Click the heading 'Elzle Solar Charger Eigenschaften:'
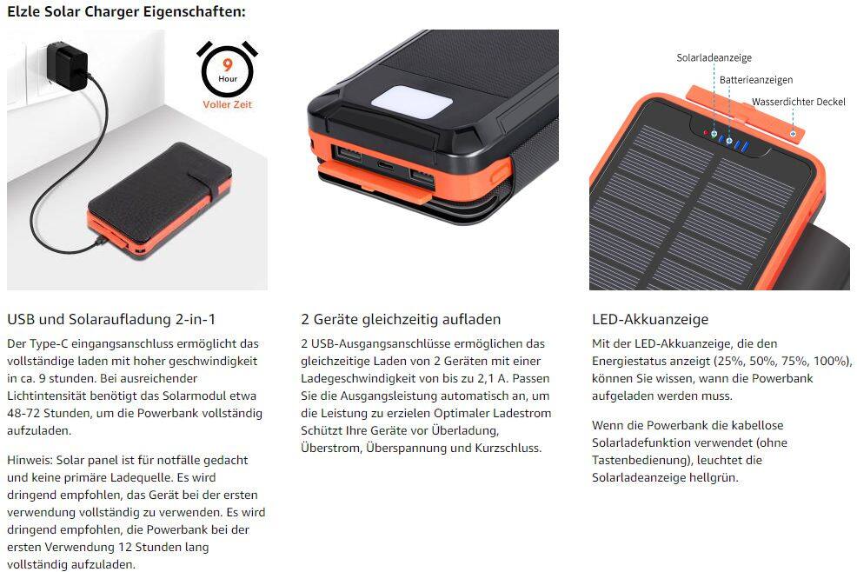pos(126,12)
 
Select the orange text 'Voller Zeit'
pos(227,104)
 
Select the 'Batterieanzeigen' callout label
pos(755,80)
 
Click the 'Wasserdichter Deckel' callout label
pos(798,102)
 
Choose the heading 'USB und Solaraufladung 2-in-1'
pos(111,319)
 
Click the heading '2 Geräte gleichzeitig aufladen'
pos(401,319)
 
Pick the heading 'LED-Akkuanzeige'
pos(650,319)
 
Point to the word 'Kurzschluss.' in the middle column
pos(505,448)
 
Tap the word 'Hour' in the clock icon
pos(228,78)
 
